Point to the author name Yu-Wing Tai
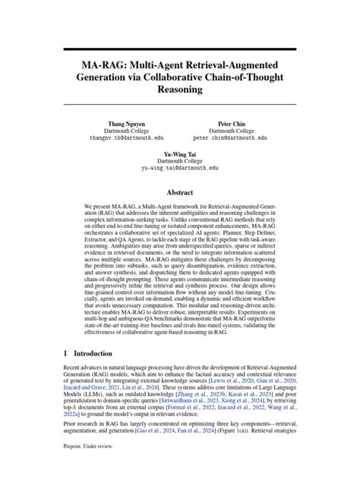180,153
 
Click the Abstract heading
180,193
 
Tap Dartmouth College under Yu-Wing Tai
180,161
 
